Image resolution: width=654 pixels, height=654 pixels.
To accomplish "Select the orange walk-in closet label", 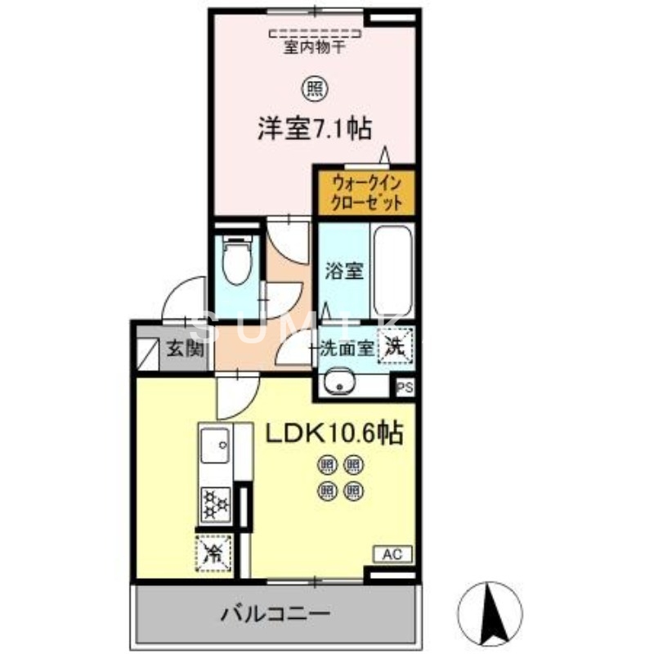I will (366, 191).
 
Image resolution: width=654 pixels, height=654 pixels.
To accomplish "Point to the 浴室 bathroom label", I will (343, 271).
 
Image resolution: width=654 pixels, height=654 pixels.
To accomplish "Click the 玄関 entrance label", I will (187, 351).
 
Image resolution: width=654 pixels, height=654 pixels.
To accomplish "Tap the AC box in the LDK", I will (393, 555).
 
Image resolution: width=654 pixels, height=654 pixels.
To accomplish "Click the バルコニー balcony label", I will (275, 613).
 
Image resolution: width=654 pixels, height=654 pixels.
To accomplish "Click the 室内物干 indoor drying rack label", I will (315, 47).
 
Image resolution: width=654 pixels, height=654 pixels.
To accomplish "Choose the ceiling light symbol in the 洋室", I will (314, 84).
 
